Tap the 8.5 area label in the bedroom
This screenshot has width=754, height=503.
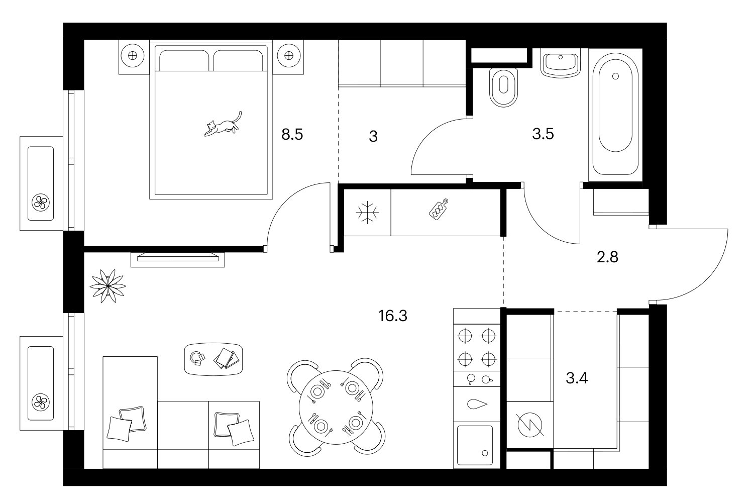(292, 134)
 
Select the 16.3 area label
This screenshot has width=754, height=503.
(392, 316)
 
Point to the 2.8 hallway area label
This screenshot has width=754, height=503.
(607, 257)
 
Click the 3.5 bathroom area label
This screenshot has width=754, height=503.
(543, 134)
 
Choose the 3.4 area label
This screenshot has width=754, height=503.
(577, 378)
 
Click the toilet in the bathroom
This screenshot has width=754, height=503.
(503, 87)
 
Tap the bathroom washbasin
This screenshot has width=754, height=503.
(561, 63)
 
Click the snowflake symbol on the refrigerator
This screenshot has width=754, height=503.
(367, 213)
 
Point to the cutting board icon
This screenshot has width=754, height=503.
(439, 209)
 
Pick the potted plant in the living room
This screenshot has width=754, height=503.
(107, 286)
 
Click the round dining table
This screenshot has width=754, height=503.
(336, 408)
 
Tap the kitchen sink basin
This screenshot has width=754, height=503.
(475, 446)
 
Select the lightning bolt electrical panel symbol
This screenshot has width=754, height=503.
(530, 425)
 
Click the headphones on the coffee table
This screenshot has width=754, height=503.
(197, 358)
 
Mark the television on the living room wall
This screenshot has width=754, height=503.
(178, 257)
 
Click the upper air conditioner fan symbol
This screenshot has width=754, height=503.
(41, 203)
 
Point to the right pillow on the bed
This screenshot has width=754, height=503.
(238, 61)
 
